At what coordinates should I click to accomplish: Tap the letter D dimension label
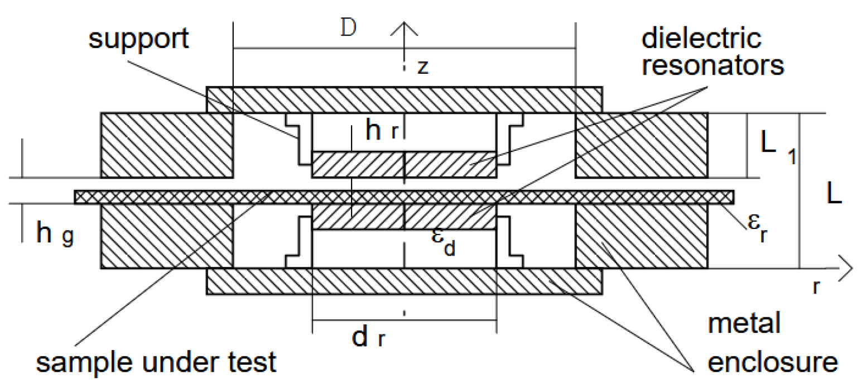[x=348, y=28]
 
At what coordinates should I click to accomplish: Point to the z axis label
[x=423, y=66]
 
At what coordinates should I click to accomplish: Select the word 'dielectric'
[x=701, y=39]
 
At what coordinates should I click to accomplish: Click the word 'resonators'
[x=713, y=65]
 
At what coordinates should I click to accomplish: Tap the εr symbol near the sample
[x=758, y=228]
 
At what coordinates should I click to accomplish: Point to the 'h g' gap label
[x=55, y=233]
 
